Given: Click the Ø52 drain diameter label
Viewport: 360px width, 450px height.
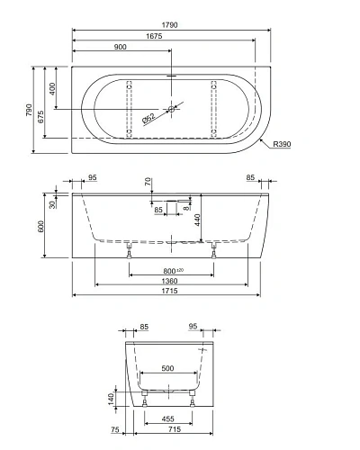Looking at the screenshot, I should click(x=148, y=117).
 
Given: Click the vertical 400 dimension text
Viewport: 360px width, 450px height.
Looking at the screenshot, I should click(x=54, y=88).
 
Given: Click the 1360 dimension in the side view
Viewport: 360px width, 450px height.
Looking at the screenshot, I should click(x=171, y=282).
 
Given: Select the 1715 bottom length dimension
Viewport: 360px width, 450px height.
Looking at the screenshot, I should click(x=171, y=298).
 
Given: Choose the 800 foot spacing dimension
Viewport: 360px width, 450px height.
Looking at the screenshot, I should click(x=170, y=269).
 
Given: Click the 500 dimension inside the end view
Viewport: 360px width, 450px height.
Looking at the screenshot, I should click(x=166, y=368).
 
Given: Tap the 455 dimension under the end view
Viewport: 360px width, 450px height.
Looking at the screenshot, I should click(x=166, y=418).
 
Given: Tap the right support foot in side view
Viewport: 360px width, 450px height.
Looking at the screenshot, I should click(x=213, y=251).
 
